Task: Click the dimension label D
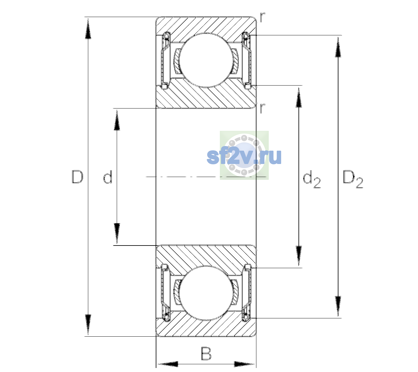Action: coord(77,177)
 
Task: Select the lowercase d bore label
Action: coord(108,177)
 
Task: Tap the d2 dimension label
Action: coord(311,179)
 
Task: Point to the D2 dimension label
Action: coord(353,179)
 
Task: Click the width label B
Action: coord(206,353)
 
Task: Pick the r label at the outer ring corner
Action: coord(263,17)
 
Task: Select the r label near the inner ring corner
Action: coord(263,108)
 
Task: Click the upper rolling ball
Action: coord(206,60)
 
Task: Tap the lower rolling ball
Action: coord(206,293)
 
